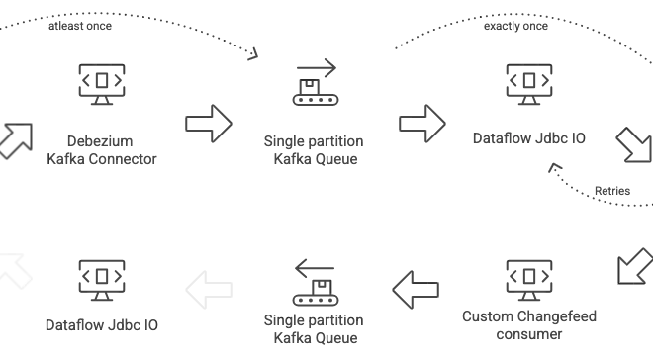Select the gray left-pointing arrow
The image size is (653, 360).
[x=417, y=290]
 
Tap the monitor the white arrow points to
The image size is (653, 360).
[x=99, y=278]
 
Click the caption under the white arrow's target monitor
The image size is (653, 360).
[x=99, y=323]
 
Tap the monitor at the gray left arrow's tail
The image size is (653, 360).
[x=526, y=278]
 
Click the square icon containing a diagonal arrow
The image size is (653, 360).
[x=634, y=265]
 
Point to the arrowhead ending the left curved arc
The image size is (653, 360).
[x=254, y=54]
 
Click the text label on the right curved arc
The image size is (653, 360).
[x=517, y=19]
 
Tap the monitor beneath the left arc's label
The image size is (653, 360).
[x=99, y=87]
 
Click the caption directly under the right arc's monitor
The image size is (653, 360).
[x=526, y=141]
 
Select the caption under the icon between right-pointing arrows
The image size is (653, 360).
[x=313, y=149]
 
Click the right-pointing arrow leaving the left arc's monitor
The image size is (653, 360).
[x=209, y=125]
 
